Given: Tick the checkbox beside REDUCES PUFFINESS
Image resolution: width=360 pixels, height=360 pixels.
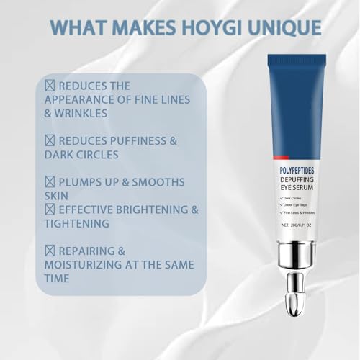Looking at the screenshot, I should coord(50,140).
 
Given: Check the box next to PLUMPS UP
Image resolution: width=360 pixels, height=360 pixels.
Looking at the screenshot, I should coord(50,181).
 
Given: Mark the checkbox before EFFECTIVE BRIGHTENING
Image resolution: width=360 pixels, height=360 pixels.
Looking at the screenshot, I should coord(50,209).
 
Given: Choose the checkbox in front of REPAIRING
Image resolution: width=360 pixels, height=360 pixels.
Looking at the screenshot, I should coord(50,251).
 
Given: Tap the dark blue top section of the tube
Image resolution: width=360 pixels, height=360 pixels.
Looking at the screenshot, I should coord(296,101).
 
